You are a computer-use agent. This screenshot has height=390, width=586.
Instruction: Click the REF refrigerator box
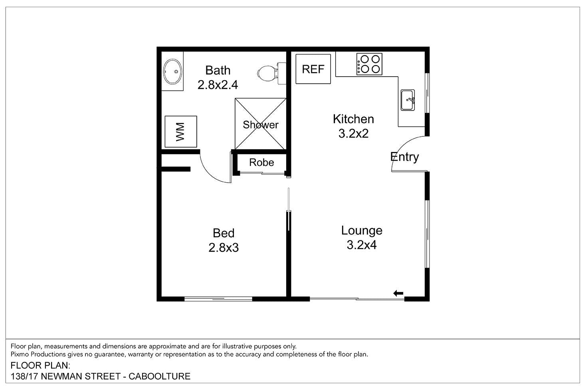(313, 69)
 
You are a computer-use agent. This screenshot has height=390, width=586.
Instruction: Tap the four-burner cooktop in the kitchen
(369, 64)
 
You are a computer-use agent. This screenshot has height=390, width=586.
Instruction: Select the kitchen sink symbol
(408, 100)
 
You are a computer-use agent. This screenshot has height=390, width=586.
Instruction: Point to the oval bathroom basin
(172, 72)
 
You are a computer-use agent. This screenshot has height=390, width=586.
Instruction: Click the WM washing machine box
(181, 132)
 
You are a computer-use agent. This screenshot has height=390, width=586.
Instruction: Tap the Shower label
(261, 125)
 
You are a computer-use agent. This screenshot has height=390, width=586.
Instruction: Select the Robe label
(261, 162)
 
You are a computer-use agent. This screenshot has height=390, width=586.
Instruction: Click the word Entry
(404, 157)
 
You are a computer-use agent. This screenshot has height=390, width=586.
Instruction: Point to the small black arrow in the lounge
(398, 293)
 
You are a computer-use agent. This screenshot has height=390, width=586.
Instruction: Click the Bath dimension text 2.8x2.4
(218, 85)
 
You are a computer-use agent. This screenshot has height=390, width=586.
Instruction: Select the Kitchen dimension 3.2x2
(353, 134)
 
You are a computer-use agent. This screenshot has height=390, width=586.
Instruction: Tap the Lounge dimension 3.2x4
(362, 245)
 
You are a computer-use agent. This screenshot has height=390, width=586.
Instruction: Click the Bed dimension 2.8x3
(224, 248)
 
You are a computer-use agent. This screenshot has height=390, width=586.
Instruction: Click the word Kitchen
(353, 119)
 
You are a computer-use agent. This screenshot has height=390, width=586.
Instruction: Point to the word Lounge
(362, 230)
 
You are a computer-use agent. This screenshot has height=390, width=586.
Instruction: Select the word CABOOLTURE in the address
(160, 376)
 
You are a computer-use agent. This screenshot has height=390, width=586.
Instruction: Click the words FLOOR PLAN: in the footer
(40, 365)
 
